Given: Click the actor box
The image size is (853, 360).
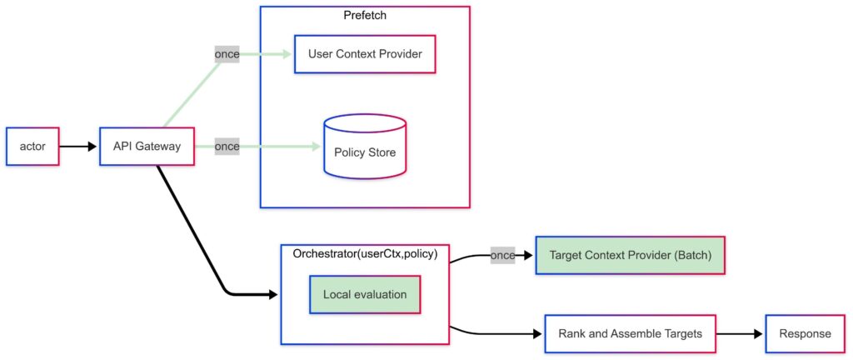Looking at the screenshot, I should pyautogui.click(x=33, y=147).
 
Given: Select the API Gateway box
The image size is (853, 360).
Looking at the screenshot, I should pyautogui.click(x=147, y=147).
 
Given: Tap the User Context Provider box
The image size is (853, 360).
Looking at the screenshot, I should pyautogui.click(x=365, y=54).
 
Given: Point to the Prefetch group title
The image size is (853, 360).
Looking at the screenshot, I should pyautogui.click(x=365, y=16).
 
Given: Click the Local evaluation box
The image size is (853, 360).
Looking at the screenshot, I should pyautogui.click(x=365, y=295).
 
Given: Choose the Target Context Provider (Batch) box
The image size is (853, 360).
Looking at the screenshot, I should pyautogui.click(x=630, y=255).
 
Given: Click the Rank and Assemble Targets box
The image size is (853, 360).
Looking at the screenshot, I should pyautogui.click(x=630, y=333).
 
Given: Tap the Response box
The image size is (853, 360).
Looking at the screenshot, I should pyautogui.click(x=805, y=333).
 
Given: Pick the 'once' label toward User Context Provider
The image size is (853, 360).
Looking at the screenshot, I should pyautogui.click(x=227, y=54).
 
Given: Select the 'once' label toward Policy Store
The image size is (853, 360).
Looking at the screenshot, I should pyautogui.click(x=227, y=147).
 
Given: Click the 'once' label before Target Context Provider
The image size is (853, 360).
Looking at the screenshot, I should pyautogui.click(x=502, y=255).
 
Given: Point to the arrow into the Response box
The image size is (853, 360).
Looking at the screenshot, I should pyautogui.click(x=740, y=333).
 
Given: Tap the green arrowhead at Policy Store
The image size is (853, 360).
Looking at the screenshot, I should pyautogui.click(x=317, y=147).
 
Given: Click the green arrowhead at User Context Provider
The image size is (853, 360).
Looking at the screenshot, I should pyautogui.click(x=288, y=54).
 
